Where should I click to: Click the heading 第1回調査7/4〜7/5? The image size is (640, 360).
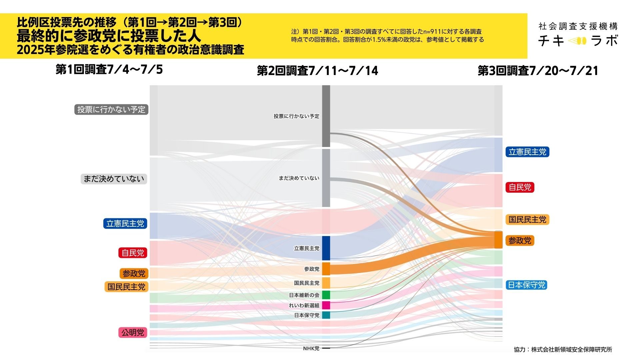coord(109,69)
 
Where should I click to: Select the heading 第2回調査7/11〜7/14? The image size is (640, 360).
coord(317,71)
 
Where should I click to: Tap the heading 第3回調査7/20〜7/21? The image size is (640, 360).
coord(538,71)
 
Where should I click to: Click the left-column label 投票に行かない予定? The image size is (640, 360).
coord(111,109)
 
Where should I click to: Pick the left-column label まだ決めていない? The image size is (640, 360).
coord(114,179)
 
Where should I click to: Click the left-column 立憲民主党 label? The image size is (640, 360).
coord(125,223)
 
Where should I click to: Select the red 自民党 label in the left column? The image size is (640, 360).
coord(133,253)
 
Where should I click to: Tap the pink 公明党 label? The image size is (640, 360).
coord(133,332)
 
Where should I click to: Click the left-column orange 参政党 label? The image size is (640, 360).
coord(134,273)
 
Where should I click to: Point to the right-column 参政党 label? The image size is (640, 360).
coord(520,240)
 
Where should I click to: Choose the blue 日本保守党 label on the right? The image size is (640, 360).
coord(526,285)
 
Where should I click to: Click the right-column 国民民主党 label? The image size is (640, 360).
coord(527,220)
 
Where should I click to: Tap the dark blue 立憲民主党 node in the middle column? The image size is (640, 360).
coord(326,248)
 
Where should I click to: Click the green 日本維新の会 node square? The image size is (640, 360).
coord(326,295)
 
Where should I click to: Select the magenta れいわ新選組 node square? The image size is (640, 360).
coord(326,305)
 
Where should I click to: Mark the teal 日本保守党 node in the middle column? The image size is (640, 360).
coord(326,315)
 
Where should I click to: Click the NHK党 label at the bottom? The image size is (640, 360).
coord(311,348)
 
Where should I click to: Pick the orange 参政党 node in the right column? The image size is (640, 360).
coord(498,240)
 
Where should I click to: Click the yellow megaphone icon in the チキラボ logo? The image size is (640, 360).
coord(577,41)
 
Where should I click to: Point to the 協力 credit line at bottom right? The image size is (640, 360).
coord(563,349)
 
